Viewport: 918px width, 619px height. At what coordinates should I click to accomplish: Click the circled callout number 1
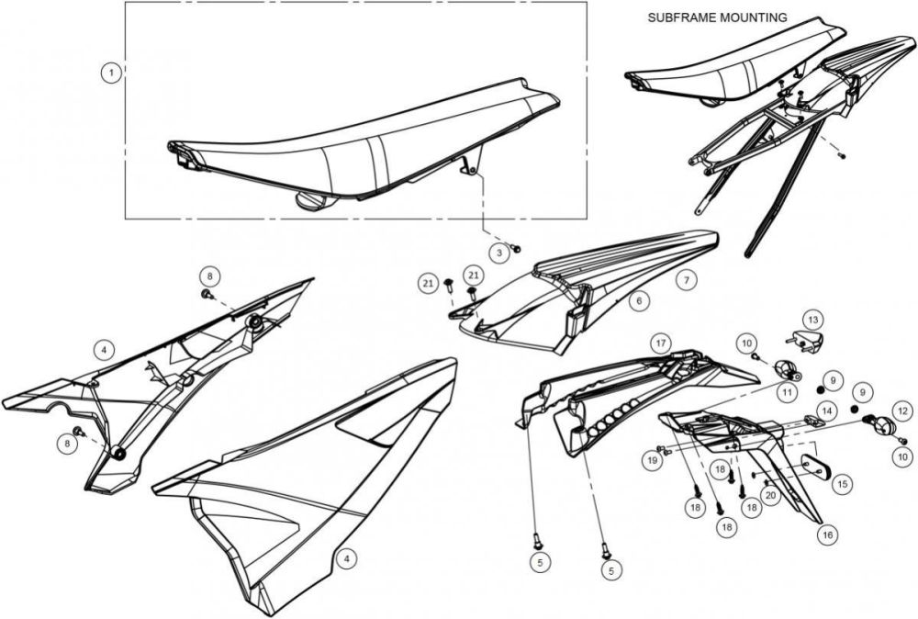pyautogui.click(x=111, y=72)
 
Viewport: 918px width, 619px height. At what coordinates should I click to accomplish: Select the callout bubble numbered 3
pyautogui.click(x=498, y=251)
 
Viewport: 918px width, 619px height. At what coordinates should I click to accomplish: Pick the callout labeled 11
pyautogui.click(x=788, y=390)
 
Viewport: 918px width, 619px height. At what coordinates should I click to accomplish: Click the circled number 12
pyautogui.click(x=902, y=411)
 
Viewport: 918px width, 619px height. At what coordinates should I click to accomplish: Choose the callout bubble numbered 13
pyautogui.click(x=812, y=319)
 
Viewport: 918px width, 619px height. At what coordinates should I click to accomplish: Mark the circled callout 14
pyautogui.click(x=826, y=411)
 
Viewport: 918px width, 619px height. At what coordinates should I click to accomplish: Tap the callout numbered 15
pyautogui.click(x=841, y=481)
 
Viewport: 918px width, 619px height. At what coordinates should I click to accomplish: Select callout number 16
pyautogui.click(x=827, y=533)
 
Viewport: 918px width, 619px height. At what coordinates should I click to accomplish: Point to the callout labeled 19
pyautogui.click(x=653, y=460)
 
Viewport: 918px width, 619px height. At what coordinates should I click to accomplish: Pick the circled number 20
pyautogui.click(x=771, y=496)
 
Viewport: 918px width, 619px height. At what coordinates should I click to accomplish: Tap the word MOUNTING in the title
pyautogui.click(x=755, y=17)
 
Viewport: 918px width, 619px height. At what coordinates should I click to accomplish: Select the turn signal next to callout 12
pyautogui.click(x=881, y=425)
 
